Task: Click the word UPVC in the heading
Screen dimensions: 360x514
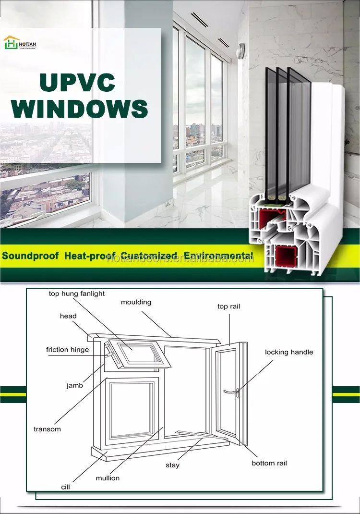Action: [x=77, y=83]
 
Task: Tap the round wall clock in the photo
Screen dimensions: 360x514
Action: [x=241, y=49]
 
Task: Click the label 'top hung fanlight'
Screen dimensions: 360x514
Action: [x=77, y=294]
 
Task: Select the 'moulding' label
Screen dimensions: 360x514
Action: [x=136, y=302]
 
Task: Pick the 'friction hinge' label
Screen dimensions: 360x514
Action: [x=67, y=350]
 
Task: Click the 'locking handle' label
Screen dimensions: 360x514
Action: [x=289, y=352]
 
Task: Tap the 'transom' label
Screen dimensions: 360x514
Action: [x=47, y=429]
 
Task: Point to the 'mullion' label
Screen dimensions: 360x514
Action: [x=108, y=478]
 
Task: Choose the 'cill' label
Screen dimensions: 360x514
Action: [x=65, y=487]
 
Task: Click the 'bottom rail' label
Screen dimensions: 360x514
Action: [x=269, y=463]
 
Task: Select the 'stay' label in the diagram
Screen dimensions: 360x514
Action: [x=173, y=465]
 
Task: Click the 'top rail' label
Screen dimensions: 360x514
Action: [x=228, y=306]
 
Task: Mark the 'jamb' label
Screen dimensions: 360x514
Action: [x=74, y=385]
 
